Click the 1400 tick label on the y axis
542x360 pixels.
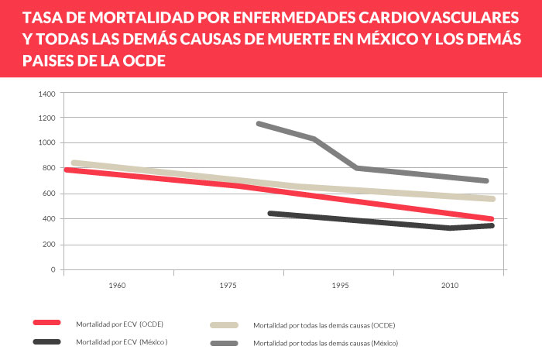pyautogui.click(x=46, y=94)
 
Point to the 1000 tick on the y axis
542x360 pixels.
pyautogui.click(x=46, y=143)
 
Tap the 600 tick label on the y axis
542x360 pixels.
pyautogui.click(x=49, y=194)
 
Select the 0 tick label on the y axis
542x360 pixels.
pyautogui.click(x=53, y=269)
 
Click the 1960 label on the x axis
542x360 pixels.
pyautogui.click(x=118, y=286)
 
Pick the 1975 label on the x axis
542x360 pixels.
pyautogui.click(x=228, y=286)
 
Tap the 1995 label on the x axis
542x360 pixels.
pyautogui.click(x=340, y=286)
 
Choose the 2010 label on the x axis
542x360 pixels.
pyautogui.click(x=450, y=286)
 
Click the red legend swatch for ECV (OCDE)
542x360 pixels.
pyautogui.click(x=47, y=323)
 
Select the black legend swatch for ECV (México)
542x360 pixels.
pyautogui.click(x=47, y=341)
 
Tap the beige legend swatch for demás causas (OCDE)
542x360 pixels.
pyautogui.click(x=225, y=325)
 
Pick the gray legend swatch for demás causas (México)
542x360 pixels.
pyautogui.click(x=225, y=342)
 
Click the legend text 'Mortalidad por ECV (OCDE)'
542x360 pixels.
pyautogui.click(x=119, y=324)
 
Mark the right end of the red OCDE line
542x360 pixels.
pyautogui.click(x=492, y=219)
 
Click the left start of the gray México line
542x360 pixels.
pyautogui.click(x=258, y=123)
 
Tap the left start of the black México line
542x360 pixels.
pyautogui.click(x=269, y=213)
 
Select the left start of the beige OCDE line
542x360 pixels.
pyautogui.click(x=73, y=163)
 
